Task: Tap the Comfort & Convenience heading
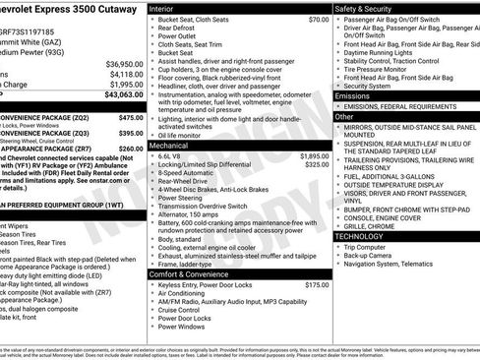click(190, 272)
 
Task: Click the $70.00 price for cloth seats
click(318, 20)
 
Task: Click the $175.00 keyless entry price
click(317, 284)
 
